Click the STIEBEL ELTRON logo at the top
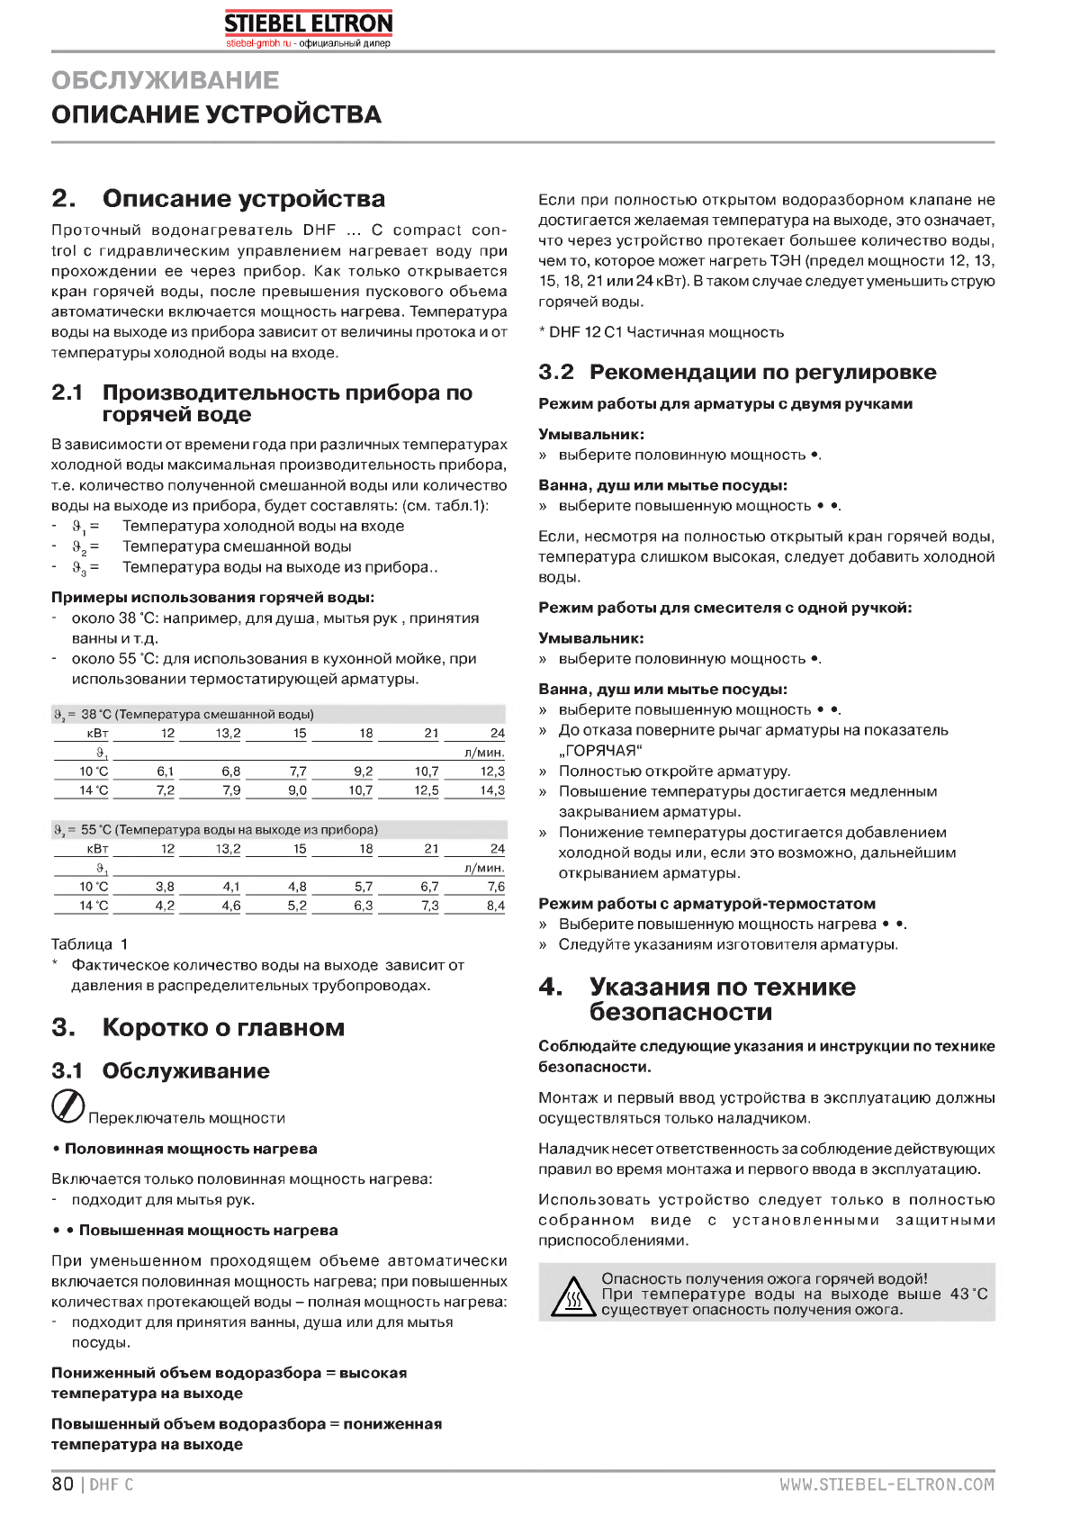point(308,24)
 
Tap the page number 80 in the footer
point(62,1484)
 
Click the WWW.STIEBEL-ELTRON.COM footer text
point(886,1484)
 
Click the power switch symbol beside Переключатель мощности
point(68,1107)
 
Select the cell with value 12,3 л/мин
point(492,772)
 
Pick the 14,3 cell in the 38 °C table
point(492,791)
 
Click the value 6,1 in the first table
point(165,772)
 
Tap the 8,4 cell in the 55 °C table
point(495,907)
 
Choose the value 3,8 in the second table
point(165,887)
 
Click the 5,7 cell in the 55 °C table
point(364,887)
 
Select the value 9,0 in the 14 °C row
point(297,791)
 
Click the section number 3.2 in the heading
point(556,373)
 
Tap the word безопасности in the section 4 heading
point(680,1013)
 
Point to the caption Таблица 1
point(89,944)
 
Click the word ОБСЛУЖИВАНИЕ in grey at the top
point(166,80)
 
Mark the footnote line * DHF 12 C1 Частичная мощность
point(661,333)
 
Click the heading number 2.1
point(67,393)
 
